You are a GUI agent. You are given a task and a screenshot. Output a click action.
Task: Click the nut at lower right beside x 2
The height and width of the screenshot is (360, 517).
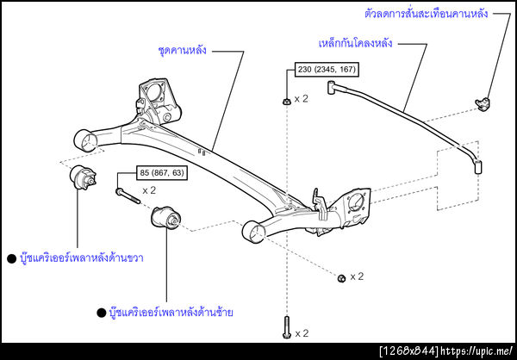(341, 276)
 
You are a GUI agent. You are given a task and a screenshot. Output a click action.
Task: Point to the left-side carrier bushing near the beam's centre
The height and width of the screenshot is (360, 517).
(164, 221)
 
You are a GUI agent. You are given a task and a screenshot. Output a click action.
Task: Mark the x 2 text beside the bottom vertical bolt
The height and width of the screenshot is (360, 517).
(302, 332)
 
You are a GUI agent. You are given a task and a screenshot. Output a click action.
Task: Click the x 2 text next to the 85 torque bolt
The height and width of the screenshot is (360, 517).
(149, 190)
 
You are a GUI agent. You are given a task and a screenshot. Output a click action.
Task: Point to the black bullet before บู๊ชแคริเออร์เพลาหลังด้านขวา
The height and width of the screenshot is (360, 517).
(11, 258)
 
